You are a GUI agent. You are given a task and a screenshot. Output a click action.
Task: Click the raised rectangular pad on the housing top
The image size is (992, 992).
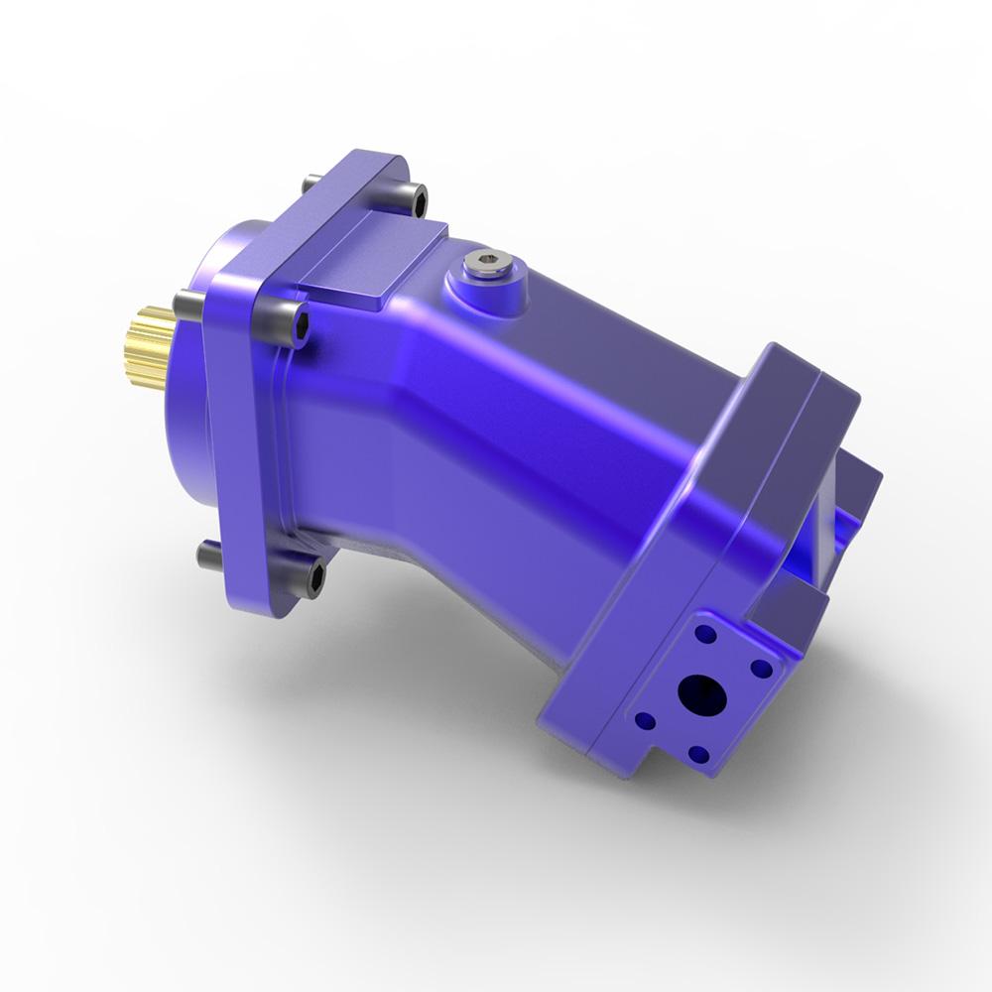(x=372, y=258)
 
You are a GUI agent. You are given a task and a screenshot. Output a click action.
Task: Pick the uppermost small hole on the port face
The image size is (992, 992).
(x=705, y=632)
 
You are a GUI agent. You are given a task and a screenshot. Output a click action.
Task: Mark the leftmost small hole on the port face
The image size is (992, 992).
(x=646, y=720)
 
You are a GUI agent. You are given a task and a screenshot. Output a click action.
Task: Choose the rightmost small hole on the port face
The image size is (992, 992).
(x=762, y=668)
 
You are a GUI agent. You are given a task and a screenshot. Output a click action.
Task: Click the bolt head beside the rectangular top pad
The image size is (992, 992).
(x=417, y=201)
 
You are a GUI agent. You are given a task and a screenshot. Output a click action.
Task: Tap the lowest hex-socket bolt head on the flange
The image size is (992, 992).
(x=315, y=575)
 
